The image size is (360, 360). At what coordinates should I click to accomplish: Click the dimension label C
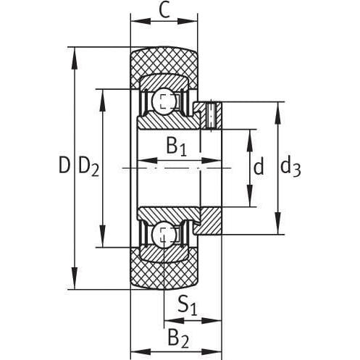point(165,11)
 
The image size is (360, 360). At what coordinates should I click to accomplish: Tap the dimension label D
point(64,165)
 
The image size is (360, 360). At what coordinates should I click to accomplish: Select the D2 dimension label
point(89,167)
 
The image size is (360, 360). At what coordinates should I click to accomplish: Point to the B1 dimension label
point(177,146)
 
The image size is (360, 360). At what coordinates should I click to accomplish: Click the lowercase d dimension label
point(259,166)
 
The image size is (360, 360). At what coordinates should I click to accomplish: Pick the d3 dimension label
point(290,167)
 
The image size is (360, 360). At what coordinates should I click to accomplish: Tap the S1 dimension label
point(188,306)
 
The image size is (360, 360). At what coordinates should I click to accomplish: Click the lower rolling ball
point(164,233)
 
